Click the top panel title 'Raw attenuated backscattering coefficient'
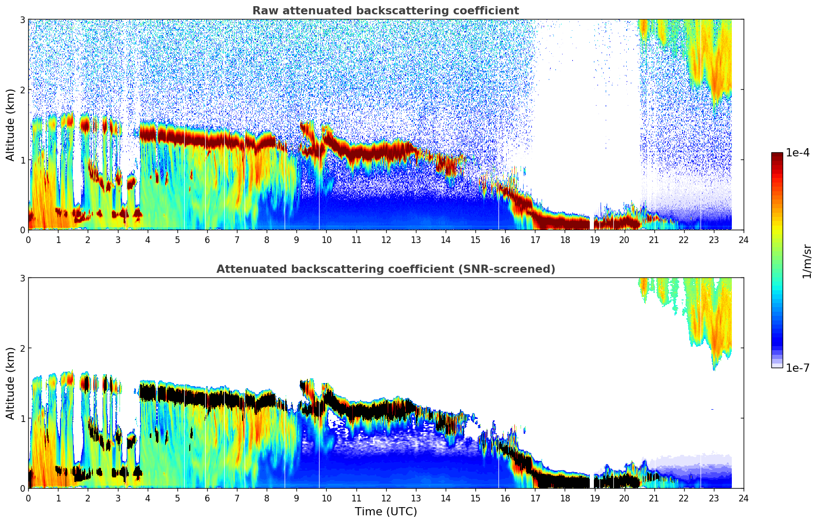click(385, 11)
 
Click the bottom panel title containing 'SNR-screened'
click(385, 269)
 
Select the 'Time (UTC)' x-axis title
click(386, 512)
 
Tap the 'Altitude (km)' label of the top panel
click(10, 125)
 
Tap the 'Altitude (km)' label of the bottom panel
click(10, 383)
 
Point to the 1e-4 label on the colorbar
click(797, 153)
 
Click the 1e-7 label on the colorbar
click(797, 368)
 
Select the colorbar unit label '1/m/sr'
click(807, 260)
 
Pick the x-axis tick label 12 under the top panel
click(386, 239)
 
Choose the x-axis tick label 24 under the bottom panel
click(743, 498)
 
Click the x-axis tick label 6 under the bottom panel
click(207, 498)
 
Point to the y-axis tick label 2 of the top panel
click(23, 90)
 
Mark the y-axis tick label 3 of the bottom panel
click(23, 278)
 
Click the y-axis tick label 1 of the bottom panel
click(23, 418)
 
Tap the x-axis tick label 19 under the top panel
click(594, 239)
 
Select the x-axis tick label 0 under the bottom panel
click(28, 498)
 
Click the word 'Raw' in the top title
click(263, 11)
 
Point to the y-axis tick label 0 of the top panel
click(23, 230)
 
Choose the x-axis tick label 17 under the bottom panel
click(535, 498)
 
